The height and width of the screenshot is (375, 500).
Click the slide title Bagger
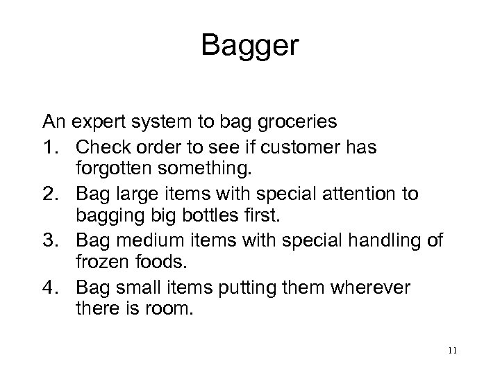(x=250, y=47)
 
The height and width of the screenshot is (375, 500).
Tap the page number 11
(x=453, y=351)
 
